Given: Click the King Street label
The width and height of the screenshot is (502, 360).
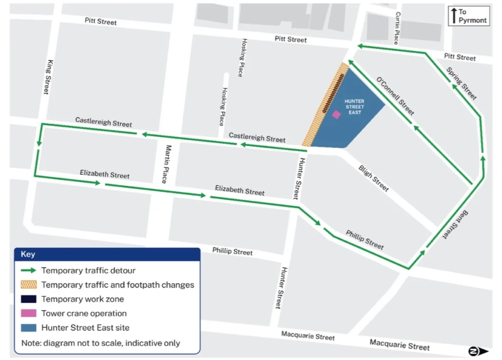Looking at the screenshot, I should (x=47, y=77).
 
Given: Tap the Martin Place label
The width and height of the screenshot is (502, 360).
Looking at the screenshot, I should (x=168, y=164).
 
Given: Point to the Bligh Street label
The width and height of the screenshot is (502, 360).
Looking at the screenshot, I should (x=374, y=178).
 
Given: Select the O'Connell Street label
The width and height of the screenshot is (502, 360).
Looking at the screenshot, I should (x=395, y=96).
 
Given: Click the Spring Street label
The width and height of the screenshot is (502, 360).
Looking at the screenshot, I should (x=461, y=83).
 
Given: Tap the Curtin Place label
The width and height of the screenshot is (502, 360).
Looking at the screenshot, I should (x=397, y=28).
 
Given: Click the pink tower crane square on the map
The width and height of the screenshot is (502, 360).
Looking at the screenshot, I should (x=336, y=114).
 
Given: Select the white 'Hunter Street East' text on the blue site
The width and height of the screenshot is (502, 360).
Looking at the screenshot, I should (x=355, y=107).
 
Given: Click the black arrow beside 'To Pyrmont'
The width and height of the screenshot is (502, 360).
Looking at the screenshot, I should (x=454, y=16).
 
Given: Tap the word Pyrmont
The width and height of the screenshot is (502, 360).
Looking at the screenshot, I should (x=473, y=20).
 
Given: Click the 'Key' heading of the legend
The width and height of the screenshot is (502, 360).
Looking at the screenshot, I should (x=28, y=254).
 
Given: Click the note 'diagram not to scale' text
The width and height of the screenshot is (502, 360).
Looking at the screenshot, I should (x=100, y=343).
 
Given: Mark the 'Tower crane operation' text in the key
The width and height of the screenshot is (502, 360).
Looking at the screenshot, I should (x=84, y=313).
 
